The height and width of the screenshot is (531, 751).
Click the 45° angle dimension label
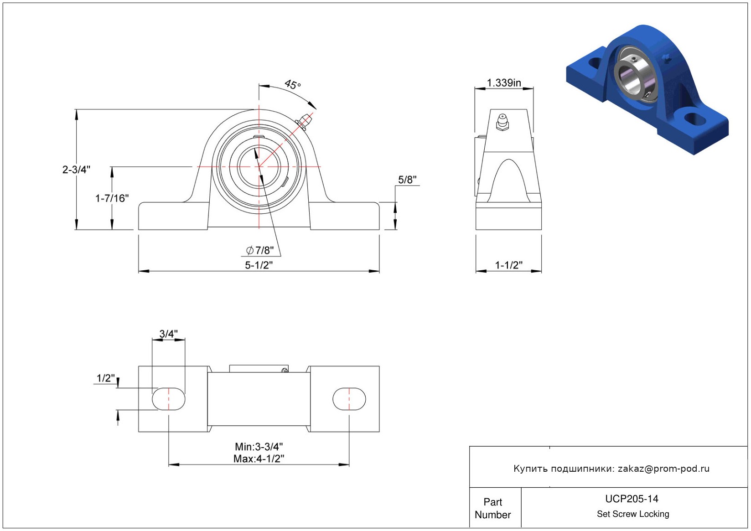pyautogui.click(x=293, y=84)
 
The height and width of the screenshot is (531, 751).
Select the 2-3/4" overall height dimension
pyautogui.click(x=76, y=169)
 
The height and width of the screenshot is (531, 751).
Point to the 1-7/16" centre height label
pyautogui.click(x=112, y=198)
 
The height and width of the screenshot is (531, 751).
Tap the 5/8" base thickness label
pyautogui.click(x=407, y=180)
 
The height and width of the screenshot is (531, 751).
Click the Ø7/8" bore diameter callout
pyautogui.click(x=260, y=250)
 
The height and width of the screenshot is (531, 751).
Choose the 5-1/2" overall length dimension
pyautogui.click(x=259, y=265)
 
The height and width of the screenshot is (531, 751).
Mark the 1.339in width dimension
pyautogui.click(x=504, y=82)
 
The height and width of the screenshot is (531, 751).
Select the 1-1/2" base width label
pyautogui.click(x=508, y=265)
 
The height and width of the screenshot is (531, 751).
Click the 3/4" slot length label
pyautogui.click(x=168, y=334)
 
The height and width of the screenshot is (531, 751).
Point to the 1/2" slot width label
pyautogui.click(x=106, y=378)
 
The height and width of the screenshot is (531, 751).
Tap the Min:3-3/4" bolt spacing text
pyautogui.click(x=259, y=447)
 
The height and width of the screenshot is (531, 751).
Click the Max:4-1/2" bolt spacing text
pyautogui.click(x=259, y=458)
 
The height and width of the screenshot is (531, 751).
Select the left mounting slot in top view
pyautogui.click(x=168, y=399)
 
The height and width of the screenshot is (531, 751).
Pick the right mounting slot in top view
pyautogui.click(x=349, y=399)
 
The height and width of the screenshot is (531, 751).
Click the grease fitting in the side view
pyautogui.click(x=502, y=122)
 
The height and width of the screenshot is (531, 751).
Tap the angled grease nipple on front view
pyautogui.click(x=305, y=121)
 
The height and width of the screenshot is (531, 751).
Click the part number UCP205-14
pyautogui.click(x=632, y=499)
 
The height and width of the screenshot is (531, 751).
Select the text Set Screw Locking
pyautogui.click(x=633, y=514)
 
